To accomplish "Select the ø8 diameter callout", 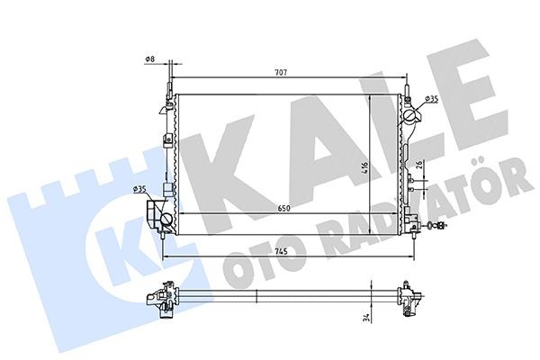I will click(150, 60).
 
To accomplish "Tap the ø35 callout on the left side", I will click(140, 189).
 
